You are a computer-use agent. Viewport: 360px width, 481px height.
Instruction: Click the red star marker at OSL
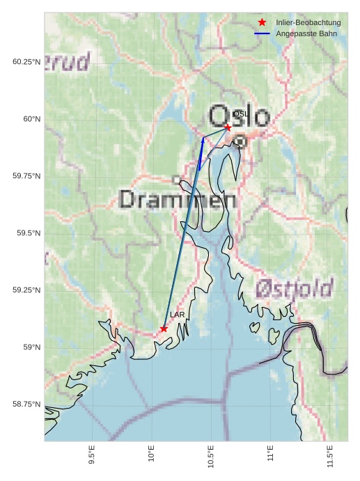point(228,127)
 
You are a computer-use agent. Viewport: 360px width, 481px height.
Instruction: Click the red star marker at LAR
point(164,329)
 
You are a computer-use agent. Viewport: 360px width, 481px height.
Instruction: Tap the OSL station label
point(240,113)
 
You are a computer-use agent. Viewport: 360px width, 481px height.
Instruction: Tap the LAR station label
point(177,315)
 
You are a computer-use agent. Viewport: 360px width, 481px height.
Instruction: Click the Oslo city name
point(239,116)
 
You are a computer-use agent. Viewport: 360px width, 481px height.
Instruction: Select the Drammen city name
point(178,200)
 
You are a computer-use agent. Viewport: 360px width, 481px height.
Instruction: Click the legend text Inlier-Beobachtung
point(308,23)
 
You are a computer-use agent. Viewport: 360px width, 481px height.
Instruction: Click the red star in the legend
point(262,23)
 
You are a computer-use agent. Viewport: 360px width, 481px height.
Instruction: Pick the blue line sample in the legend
point(262,33)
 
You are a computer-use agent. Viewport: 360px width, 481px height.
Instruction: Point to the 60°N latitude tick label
point(30,119)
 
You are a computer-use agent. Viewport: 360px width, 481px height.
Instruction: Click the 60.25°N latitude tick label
point(26,62)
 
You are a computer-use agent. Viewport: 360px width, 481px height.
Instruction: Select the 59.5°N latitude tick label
point(28,233)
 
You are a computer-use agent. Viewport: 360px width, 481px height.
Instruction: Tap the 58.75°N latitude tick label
point(26,404)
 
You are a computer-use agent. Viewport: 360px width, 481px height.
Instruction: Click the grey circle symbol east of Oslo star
point(240,141)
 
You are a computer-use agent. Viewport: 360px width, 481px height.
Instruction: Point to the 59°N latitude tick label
point(30,347)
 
